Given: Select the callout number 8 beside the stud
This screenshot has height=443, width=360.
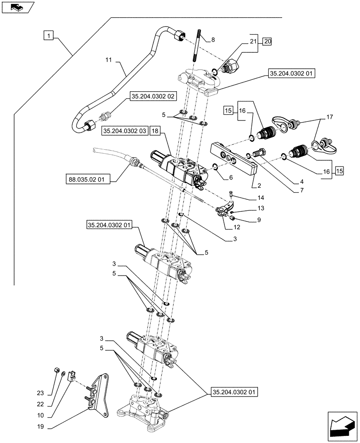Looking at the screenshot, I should click(x=213, y=40).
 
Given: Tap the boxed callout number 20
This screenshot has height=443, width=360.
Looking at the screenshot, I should click(x=267, y=42).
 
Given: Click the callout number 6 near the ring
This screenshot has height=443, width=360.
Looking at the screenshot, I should click(x=230, y=177).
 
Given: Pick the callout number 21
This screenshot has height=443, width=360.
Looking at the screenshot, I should click(x=253, y=42).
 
